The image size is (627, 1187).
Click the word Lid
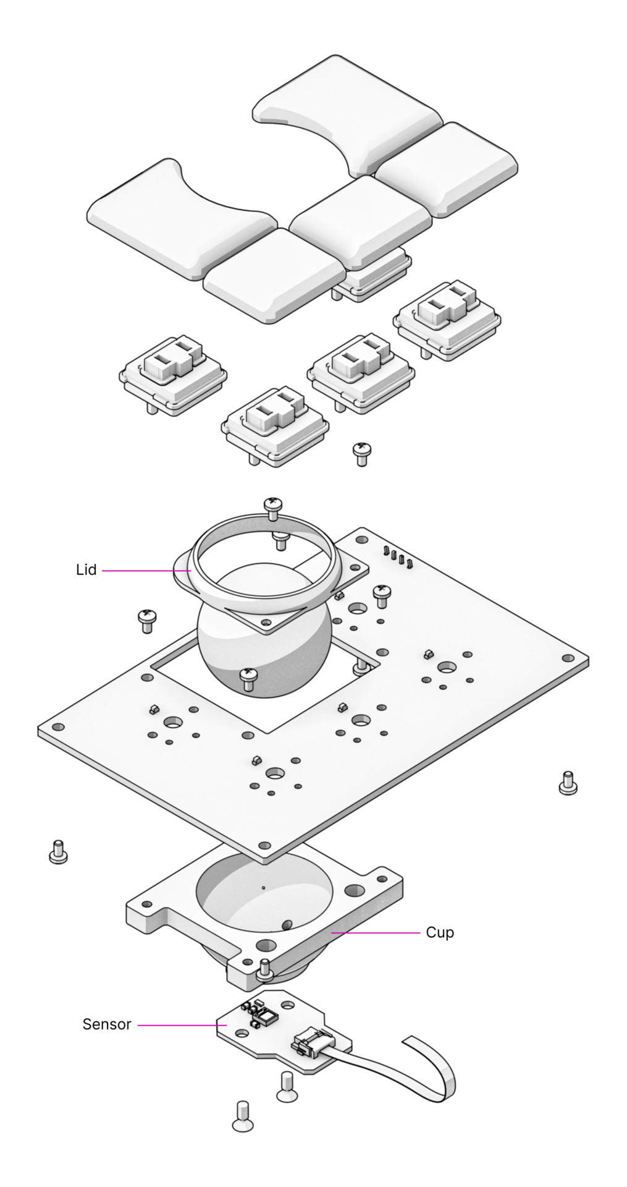tap(86, 570)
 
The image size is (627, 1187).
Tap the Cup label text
tap(440, 932)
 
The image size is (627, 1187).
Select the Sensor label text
tap(107, 1024)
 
